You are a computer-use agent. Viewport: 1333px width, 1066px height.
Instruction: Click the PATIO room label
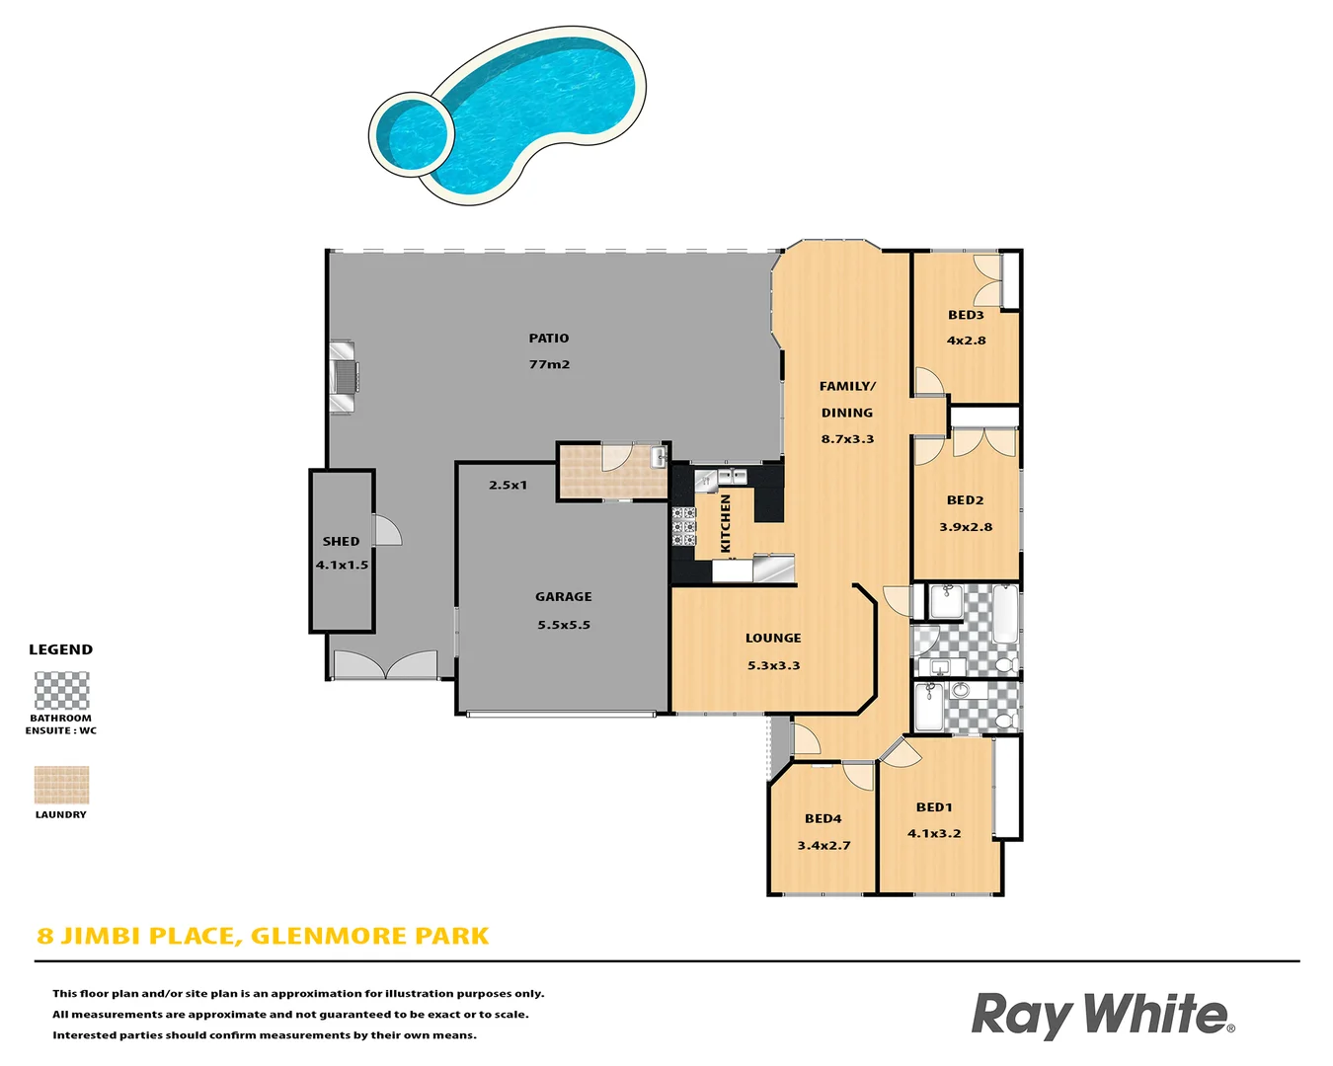click(x=549, y=339)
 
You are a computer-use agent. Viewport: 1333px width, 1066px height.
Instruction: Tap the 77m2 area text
click(x=549, y=364)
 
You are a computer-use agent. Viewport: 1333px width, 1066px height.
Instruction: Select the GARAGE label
click(x=564, y=597)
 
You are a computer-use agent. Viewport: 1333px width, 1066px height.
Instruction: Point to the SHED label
click(x=341, y=542)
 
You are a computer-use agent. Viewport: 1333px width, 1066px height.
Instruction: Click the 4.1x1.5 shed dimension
click(x=342, y=566)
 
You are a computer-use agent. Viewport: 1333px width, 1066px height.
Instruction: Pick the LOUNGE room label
click(x=773, y=639)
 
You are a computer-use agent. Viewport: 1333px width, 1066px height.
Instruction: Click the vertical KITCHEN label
click(x=726, y=523)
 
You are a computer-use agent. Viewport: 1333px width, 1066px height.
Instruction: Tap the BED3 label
click(x=966, y=316)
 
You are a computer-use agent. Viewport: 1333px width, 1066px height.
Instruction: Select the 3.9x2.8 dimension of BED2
click(x=966, y=527)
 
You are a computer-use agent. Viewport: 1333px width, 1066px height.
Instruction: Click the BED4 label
click(x=823, y=819)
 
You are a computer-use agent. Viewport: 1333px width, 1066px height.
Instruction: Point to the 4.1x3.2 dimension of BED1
click(x=934, y=834)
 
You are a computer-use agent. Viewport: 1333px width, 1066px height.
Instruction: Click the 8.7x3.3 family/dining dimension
click(x=847, y=439)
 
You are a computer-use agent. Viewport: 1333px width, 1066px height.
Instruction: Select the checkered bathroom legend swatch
click(x=61, y=691)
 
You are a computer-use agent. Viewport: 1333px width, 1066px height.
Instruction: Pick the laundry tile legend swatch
click(x=61, y=786)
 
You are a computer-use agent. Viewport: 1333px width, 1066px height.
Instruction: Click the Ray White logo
click(x=1102, y=1016)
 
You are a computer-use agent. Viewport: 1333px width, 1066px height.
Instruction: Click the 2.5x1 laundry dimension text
click(x=508, y=486)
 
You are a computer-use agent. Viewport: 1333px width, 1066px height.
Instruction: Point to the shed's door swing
click(x=387, y=531)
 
